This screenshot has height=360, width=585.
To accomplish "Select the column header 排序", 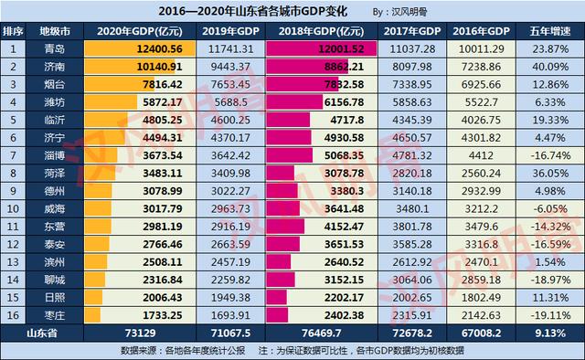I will (12, 31).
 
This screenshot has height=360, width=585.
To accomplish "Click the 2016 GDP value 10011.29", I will (481, 48).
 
